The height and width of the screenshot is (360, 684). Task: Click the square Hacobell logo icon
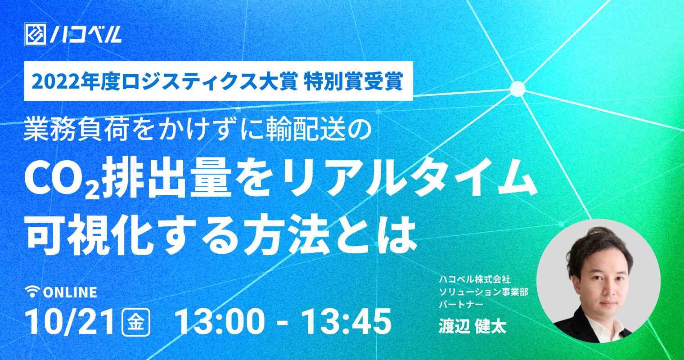[36, 35]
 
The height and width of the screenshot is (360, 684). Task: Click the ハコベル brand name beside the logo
[86, 35]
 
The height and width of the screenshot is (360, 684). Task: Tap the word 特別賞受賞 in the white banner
[354, 81]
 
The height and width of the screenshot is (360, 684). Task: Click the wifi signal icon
[33, 292]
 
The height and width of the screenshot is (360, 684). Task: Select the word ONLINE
[70, 292]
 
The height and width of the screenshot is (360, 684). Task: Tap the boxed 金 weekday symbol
[136, 322]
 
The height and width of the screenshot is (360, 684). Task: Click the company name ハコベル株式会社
[474, 279]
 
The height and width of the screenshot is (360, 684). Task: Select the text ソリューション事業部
[484, 292]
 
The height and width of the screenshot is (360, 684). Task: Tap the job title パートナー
[461, 305]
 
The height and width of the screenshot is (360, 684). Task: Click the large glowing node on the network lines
[517, 89]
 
